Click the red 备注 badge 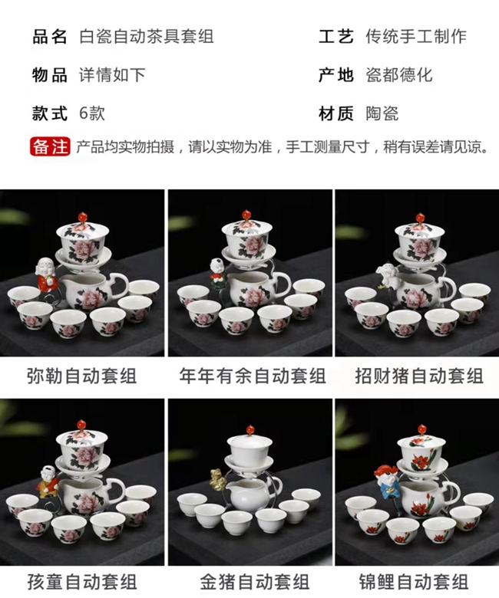50,147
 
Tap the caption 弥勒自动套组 81,376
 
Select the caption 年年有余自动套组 253,376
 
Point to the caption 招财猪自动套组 419,376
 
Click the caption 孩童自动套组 81,582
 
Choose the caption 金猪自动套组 254,582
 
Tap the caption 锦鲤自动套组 414,582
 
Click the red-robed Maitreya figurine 48,275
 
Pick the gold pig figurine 217,480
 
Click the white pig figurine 387,274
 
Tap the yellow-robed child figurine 48,482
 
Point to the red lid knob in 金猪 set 250,430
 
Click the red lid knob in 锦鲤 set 421,429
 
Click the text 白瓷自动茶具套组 146,37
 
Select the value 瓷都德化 399,75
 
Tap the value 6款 92,113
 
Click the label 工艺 336,37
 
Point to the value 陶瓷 382,113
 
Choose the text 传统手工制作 416,37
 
